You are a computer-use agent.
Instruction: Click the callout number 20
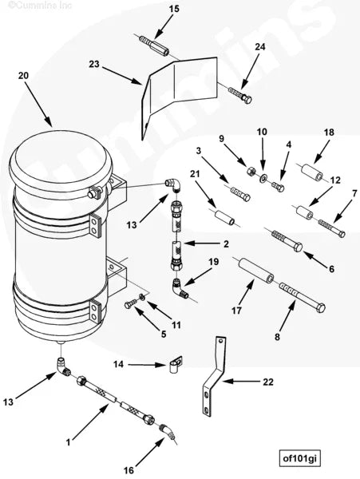[x=23, y=74]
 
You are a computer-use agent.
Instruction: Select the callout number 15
[x=173, y=10]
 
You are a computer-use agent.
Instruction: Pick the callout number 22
[x=268, y=382]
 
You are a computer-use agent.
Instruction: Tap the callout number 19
[x=213, y=262]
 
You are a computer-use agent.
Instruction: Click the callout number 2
[x=226, y=243]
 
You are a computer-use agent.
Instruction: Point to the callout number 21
[x=195, y=174]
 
